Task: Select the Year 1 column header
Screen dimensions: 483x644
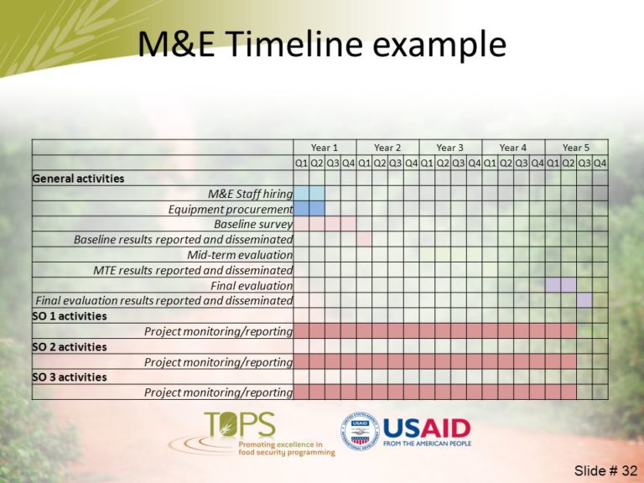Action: [x=325, y=148]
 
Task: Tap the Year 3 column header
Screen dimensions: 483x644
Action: [x=450, y=148]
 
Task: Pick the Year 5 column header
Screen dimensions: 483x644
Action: [x=576, y=148]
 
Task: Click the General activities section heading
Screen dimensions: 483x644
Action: [x=78, y=179]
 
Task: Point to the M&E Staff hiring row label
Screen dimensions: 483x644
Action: [x=250, y=194]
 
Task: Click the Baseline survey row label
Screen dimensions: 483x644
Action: [x=252, y=224]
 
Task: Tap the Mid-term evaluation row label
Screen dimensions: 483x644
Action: [x=240, y=255]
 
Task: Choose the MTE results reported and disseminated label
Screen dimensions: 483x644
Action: [x=193, y=270]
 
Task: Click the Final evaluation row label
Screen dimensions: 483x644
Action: [x=252, y=285]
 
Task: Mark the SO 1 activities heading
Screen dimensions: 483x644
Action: [x=70, y=316]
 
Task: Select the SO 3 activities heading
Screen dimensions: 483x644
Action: [x=70, y=377]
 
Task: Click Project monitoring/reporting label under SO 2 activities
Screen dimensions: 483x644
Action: [x=218, y=362]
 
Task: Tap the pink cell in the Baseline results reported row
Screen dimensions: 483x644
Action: [x=364, y=239]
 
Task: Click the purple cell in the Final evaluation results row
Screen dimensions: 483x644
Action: [x=584, y=300]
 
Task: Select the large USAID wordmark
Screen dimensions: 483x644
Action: [x=426, y=428]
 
